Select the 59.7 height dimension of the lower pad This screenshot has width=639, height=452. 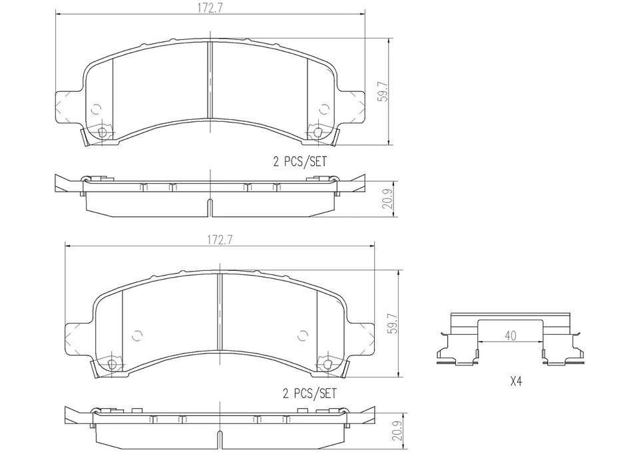click(391, 323)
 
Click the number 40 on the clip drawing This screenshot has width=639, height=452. click(510, 336)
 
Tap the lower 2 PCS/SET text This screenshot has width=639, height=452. click(309, 393)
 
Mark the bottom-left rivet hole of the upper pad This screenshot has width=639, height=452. click(102, 132)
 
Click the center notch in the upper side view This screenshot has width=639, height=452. click(210, 206)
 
